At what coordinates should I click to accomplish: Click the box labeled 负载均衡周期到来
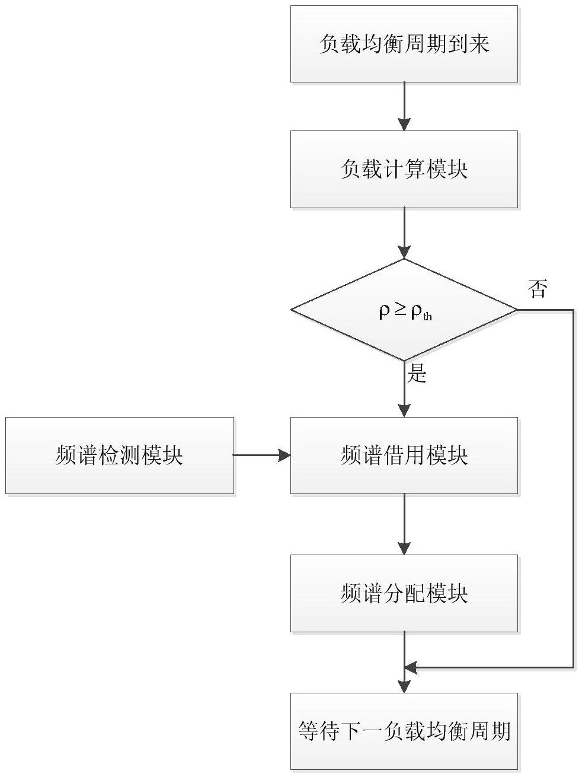click(404, 44)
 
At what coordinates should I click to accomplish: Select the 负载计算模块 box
click(404, 169)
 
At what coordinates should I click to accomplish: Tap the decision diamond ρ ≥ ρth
click(404, 310)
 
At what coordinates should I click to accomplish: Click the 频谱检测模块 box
click(120, 455)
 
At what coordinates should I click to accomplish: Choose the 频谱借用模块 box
click(404, 455)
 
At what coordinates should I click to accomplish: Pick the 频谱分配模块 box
click(404, 593)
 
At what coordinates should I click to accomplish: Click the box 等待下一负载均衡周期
click(404, 731)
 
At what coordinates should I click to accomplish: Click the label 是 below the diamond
click(417, 373)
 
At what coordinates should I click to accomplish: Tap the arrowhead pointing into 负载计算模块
click(404, 124)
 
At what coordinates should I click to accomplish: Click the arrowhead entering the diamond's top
click(404, 252)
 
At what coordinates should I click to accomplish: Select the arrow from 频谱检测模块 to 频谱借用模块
click(261, 455)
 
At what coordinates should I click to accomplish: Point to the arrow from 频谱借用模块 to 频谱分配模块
click(404, 524)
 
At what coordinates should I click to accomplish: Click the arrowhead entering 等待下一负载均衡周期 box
click(404, 686)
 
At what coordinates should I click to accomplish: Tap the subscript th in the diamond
click(427, 316)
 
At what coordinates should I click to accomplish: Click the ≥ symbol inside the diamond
click(400, 310)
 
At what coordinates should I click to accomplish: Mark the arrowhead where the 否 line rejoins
click(411, 667)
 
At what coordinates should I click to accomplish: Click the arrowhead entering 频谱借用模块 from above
click(404, 410)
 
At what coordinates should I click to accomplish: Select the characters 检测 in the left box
click(119, 455)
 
